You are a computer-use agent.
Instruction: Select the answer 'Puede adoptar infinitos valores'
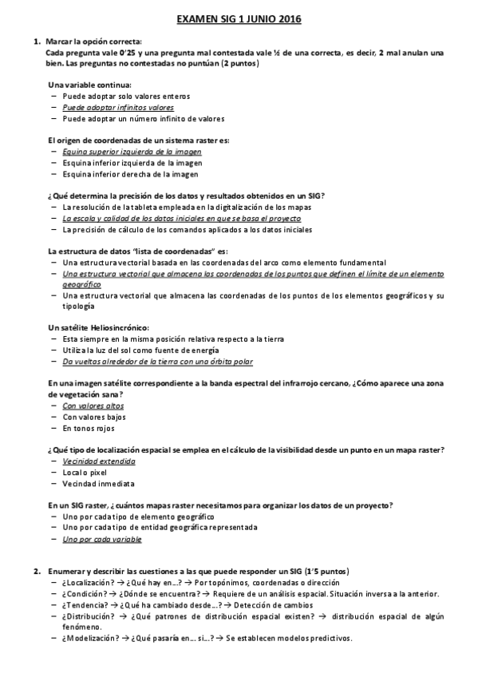click(118, 107)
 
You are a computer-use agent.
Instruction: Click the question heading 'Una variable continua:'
click(90, 84)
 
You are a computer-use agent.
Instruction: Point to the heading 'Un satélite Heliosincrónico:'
click(99, 328)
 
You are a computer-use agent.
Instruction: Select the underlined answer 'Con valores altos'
click(93, 406)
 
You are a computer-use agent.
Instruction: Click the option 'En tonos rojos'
click(88, 428)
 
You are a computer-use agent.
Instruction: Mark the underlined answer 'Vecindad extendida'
click(99, 461)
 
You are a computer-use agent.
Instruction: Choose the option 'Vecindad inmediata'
click(98, 484)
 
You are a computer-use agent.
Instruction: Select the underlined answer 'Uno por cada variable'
click(101, 540)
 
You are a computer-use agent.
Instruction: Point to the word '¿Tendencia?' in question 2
click(83, 605)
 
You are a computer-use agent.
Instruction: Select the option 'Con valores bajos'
click(93, 417)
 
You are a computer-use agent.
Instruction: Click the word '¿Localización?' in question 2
click(87, 583)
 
